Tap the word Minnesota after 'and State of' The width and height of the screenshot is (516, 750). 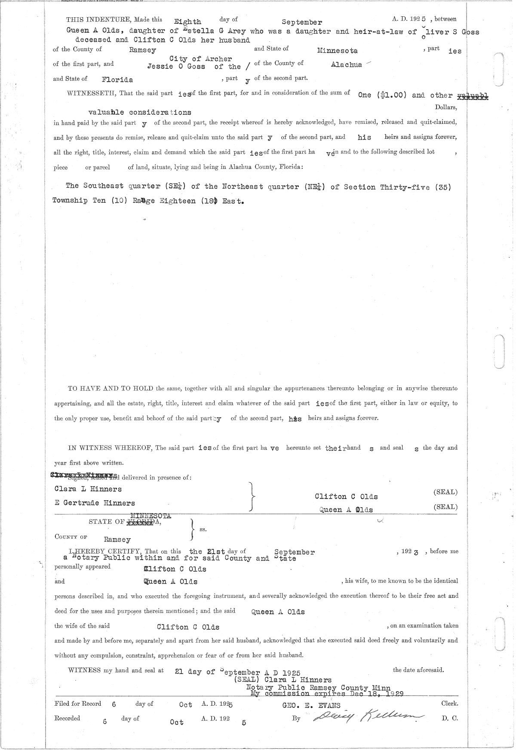[337, 51]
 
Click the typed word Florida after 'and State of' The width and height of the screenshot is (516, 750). [117, 80]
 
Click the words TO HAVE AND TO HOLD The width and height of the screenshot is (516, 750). [111, 389]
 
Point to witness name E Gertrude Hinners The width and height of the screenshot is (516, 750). [95, 503]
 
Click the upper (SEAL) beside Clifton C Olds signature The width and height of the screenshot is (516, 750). [445, 492]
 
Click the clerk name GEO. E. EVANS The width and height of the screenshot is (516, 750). [311, 705]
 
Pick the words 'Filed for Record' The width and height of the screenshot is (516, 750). [78, 704]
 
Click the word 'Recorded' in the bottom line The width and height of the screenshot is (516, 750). [67, 718]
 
